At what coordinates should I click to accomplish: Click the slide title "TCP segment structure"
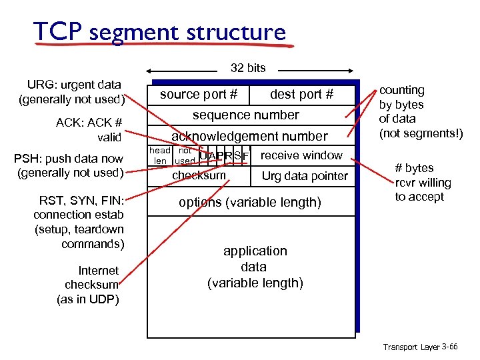[x=159, y=32]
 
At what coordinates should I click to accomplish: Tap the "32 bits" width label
[x=247, y=67]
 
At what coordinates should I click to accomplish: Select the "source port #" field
[x=199, y=95]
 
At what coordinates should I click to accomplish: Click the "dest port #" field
[x=301, y=95]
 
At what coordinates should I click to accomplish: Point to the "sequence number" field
[x=246, y=115]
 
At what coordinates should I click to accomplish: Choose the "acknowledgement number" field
[x=249, y=136]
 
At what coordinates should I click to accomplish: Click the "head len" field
[x=159, y=156]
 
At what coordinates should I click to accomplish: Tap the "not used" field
[x=185, y=156]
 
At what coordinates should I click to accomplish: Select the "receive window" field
[x=301, y=155]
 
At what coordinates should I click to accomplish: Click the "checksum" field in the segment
[x=199, y=175]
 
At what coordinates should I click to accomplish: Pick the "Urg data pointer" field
[x=305, y=176]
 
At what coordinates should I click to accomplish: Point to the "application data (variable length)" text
[x=255, y=267]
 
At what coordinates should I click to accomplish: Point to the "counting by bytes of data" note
[x=420, y=111]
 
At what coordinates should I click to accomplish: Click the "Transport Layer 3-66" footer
[x=420, y=347]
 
